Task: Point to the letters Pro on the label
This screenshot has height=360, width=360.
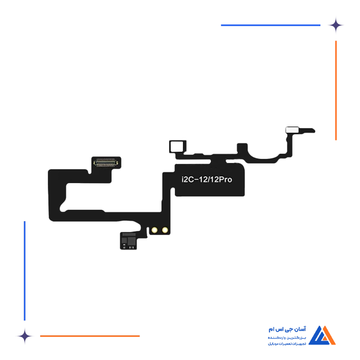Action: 226,180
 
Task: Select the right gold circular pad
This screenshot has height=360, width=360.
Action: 164,230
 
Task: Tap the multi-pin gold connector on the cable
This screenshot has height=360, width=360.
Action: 106,162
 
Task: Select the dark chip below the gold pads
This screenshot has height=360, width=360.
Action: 130,240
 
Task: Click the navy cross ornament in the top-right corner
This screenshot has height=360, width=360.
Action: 340,25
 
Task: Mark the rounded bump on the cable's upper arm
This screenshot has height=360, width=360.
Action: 243,147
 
